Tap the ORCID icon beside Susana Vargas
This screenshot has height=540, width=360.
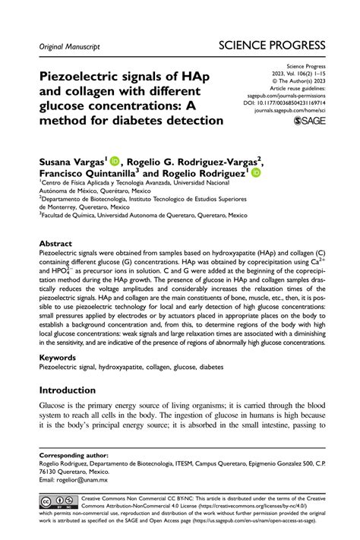(x=115, y=160)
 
